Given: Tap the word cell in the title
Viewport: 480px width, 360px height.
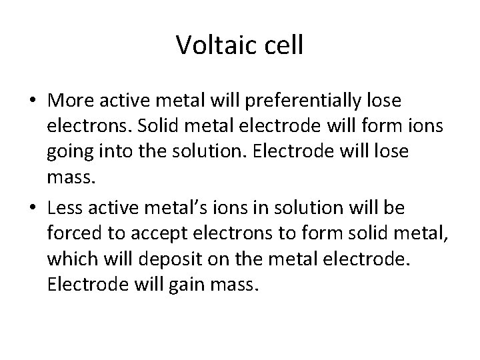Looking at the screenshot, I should click(x=282, y=45).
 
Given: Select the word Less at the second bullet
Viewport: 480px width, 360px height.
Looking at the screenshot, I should click(x=67, y=209).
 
